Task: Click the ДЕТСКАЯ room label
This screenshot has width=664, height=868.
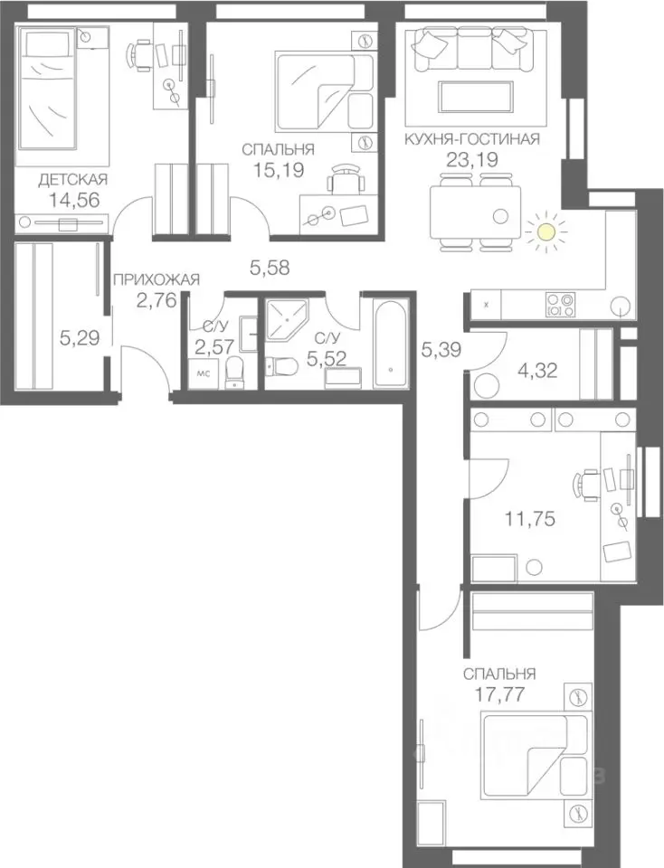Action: (72, 179)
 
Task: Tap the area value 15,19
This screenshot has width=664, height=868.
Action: (278, 170)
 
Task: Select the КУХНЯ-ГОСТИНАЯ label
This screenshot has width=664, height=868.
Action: (472, 138)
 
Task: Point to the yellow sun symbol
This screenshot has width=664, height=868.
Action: (546, 231)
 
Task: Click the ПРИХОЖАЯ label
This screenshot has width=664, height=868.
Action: (157, 279)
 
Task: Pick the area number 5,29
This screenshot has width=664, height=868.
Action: (80, 337)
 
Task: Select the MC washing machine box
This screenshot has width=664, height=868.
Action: (204, 374)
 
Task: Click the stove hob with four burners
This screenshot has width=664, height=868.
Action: (561, 305)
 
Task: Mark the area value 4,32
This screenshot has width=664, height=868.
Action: (536, 370)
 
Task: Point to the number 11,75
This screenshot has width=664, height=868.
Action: (530, 519)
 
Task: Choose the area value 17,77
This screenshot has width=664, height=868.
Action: (499, 693)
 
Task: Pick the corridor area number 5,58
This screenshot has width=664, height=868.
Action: (270, 269)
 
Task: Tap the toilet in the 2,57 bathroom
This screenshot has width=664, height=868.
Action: (235, 372)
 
